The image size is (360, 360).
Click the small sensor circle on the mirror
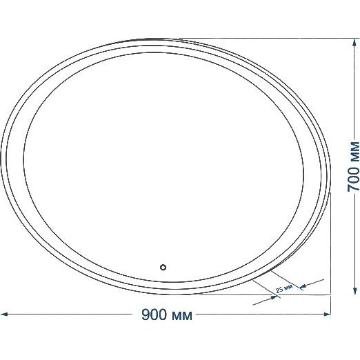(163, 268)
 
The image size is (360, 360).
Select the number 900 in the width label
(154, 314)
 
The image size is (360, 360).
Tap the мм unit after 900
(182, 316)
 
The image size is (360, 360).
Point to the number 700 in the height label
(353, 172)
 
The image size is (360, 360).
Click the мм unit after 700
(354, 149)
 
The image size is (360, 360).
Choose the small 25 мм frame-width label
(284, 288)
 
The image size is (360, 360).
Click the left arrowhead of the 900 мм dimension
(4, 314)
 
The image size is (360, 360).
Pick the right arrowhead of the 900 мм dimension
(327, 314)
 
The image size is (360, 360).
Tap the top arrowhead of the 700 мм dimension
(354, 43)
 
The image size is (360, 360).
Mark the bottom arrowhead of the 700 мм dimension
(354, 290)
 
